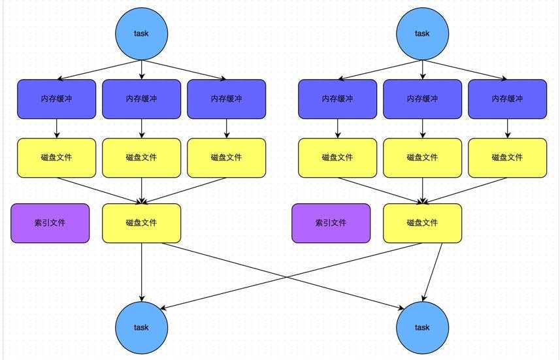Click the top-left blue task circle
(x=142, y=33)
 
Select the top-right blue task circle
(x=423, y=33)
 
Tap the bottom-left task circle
(x=142, y=327)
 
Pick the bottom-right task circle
(x=423, y=327)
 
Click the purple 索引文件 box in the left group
(x=50, y=223)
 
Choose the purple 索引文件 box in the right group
(x=331, y=223)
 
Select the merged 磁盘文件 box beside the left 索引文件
(x=142, y=223)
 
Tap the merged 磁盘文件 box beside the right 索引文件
(x=423, y=223)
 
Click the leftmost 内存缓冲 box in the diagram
(x=57, y=99)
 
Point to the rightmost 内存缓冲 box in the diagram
(x=508, y=99)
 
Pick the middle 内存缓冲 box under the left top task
(x=142, y=99)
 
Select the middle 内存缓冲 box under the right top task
(x=423, y=99)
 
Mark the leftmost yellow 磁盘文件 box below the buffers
(x=57, y=157)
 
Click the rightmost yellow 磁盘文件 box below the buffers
(x=508, y=157)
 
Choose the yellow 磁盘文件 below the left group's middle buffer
(x=142, y=157)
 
